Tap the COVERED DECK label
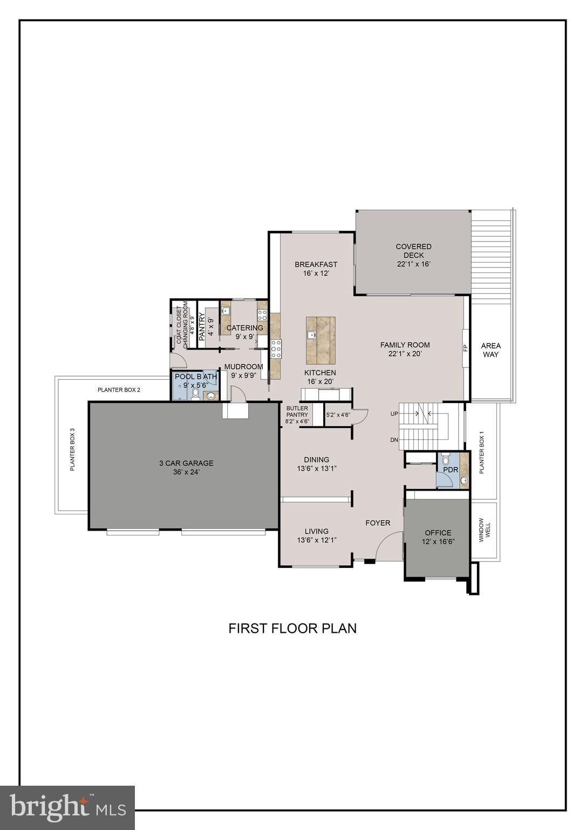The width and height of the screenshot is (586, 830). [x=413, y=251]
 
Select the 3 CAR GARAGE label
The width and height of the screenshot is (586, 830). [x=186, y=463]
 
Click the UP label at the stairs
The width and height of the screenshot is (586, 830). [x=394, y=413]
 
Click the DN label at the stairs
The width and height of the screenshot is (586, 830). [x=394, y=440]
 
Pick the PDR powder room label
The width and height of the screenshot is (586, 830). [x=451, y=470]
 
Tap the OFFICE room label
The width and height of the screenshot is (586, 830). [x=438, y=532]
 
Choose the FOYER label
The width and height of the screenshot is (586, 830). [x=378, y=523]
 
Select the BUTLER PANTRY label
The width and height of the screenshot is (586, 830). [x=297, y=411]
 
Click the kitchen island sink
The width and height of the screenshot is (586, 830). [x=311, y=334]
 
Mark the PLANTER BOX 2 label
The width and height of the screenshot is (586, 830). [x=119, y=390]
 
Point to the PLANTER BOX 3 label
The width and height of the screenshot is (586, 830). [x=72, y=450]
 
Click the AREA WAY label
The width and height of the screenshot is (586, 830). [x=491, y=350]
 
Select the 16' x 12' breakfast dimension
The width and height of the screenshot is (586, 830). [x=316, y=273]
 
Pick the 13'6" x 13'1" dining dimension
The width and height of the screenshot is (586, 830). [x=317, y=468]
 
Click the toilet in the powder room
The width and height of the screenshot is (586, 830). [x=445, y=458]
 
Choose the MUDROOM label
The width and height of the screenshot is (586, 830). [x=244, y=366]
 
